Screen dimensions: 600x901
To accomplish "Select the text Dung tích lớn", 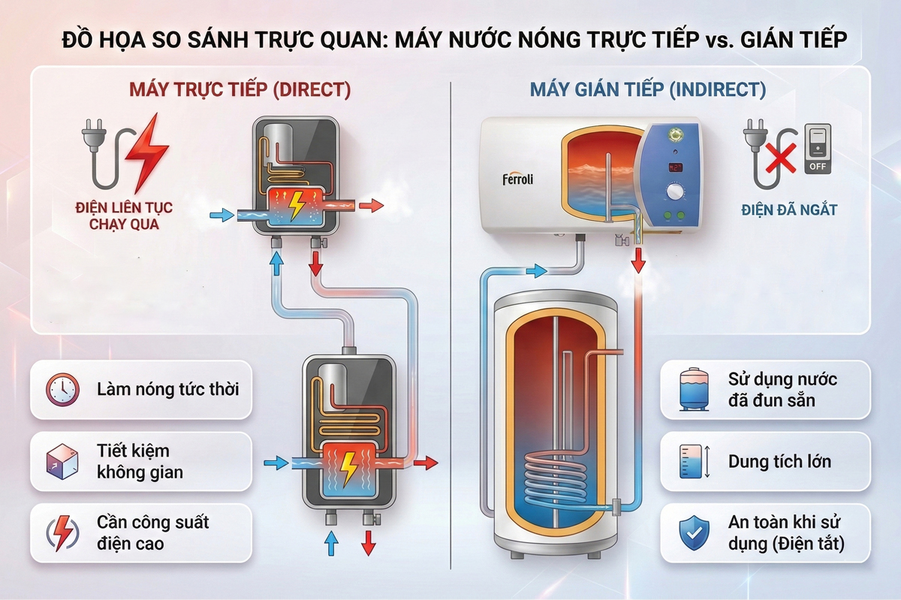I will (779, 461).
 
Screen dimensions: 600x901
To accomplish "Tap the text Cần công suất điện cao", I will (153, 532).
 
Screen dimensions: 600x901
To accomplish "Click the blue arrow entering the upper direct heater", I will (221, 216).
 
